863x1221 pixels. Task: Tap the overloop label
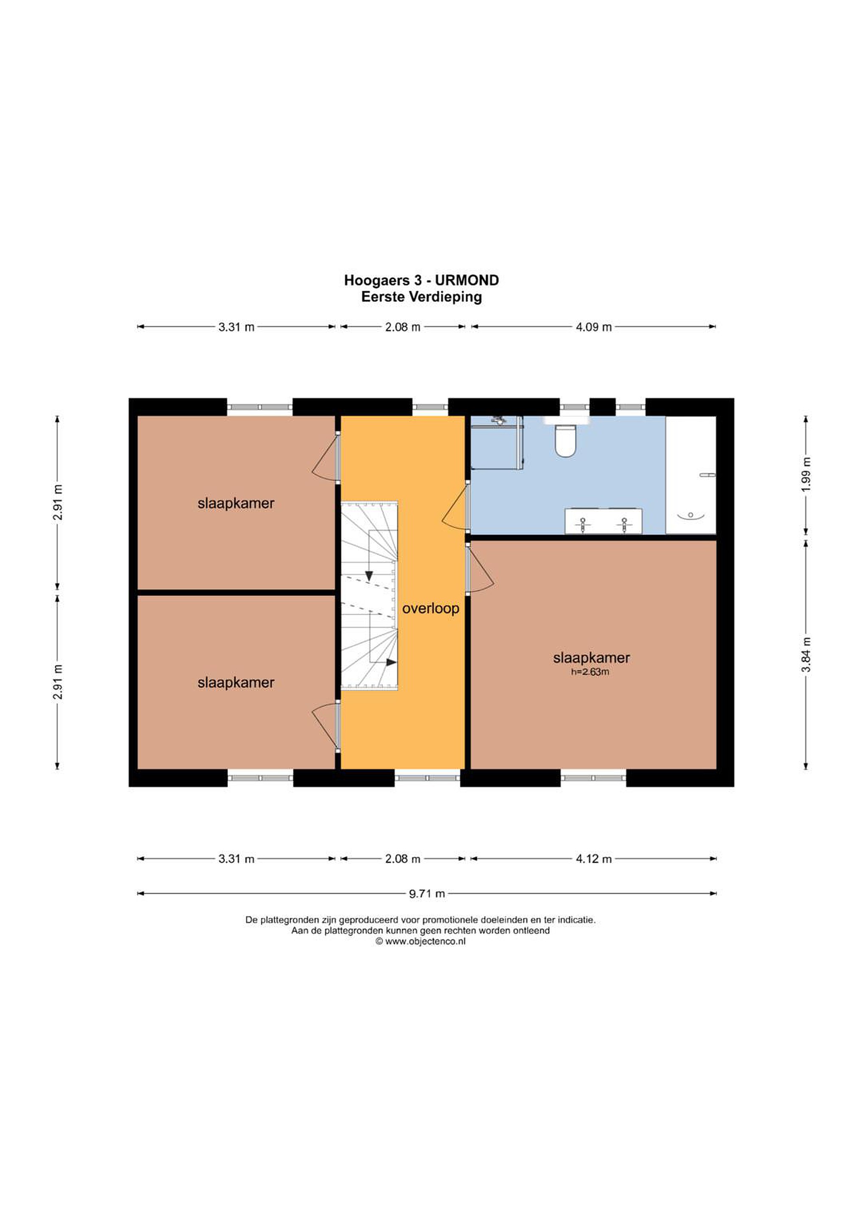[430, 608]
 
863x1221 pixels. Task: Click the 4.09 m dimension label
[593, 327]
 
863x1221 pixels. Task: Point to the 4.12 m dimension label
[593, 859]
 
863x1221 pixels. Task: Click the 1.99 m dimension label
[806, 474]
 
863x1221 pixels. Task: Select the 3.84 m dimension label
[806, 654]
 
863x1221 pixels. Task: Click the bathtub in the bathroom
[691, 475]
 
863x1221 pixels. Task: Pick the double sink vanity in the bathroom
[603, 521]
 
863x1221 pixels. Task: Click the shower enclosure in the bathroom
[497, 443]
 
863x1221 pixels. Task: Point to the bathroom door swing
[455, 506]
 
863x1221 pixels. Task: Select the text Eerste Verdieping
[422, 297]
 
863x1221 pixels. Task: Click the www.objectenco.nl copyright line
[420, 941]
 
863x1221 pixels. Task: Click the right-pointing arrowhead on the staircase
[392, 663]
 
